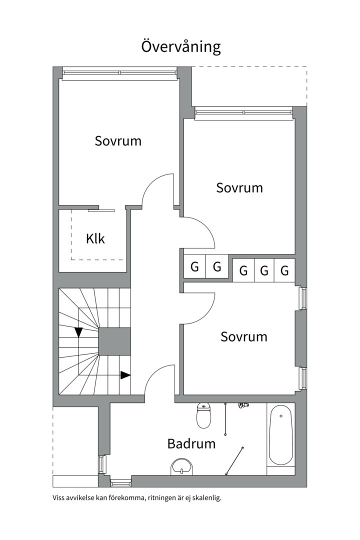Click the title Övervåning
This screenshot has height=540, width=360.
pyautogui.click(x=181, y=46)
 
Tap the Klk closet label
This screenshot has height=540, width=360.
pyautogui.click(x=95, y=238)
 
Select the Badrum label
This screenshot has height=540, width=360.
pyautogui.click(x=191, y=443)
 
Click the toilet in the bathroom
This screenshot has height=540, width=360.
pyautogui.click(x=203, y=415)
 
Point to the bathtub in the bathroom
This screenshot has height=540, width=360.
pyautogui.click(x=281, y=435)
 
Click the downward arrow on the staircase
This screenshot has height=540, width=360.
pyautogui.click(x=78, y=332)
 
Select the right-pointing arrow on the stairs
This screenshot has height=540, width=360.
pyautogui.click(x=125, y=375)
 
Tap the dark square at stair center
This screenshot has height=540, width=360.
pyautogui.click(x=115, y=341)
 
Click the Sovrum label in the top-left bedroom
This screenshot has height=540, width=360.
pyautogui.click(x=118, y=141)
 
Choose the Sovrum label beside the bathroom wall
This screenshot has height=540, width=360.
pyautogui.click(x=244, y=336)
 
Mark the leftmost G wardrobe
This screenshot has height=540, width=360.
pyautogui.click(x=194, y=266)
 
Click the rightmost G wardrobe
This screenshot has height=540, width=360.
pyautogui.click(x=284, y=270)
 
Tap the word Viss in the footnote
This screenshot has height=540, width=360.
pyautogui.click(x=58, y=498)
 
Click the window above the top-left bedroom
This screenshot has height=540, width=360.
pyautogui.click(x=119, y=73)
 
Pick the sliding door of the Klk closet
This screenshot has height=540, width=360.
pyautogui.click(x=101, y=209)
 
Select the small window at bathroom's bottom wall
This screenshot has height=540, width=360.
pyautogui.click(x=120, y=484)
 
